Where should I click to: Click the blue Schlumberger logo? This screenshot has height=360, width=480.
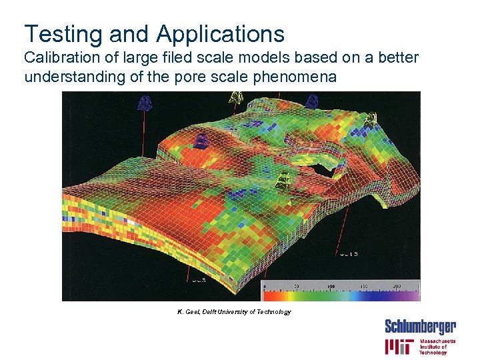tap(420, 327)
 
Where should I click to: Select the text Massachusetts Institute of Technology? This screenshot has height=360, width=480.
tap(437, 347)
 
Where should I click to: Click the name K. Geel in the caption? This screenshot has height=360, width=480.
tap(189, 312)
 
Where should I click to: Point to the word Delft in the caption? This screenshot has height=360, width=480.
tap(213, 312)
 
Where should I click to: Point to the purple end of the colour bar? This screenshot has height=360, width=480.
tap(413, 293)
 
